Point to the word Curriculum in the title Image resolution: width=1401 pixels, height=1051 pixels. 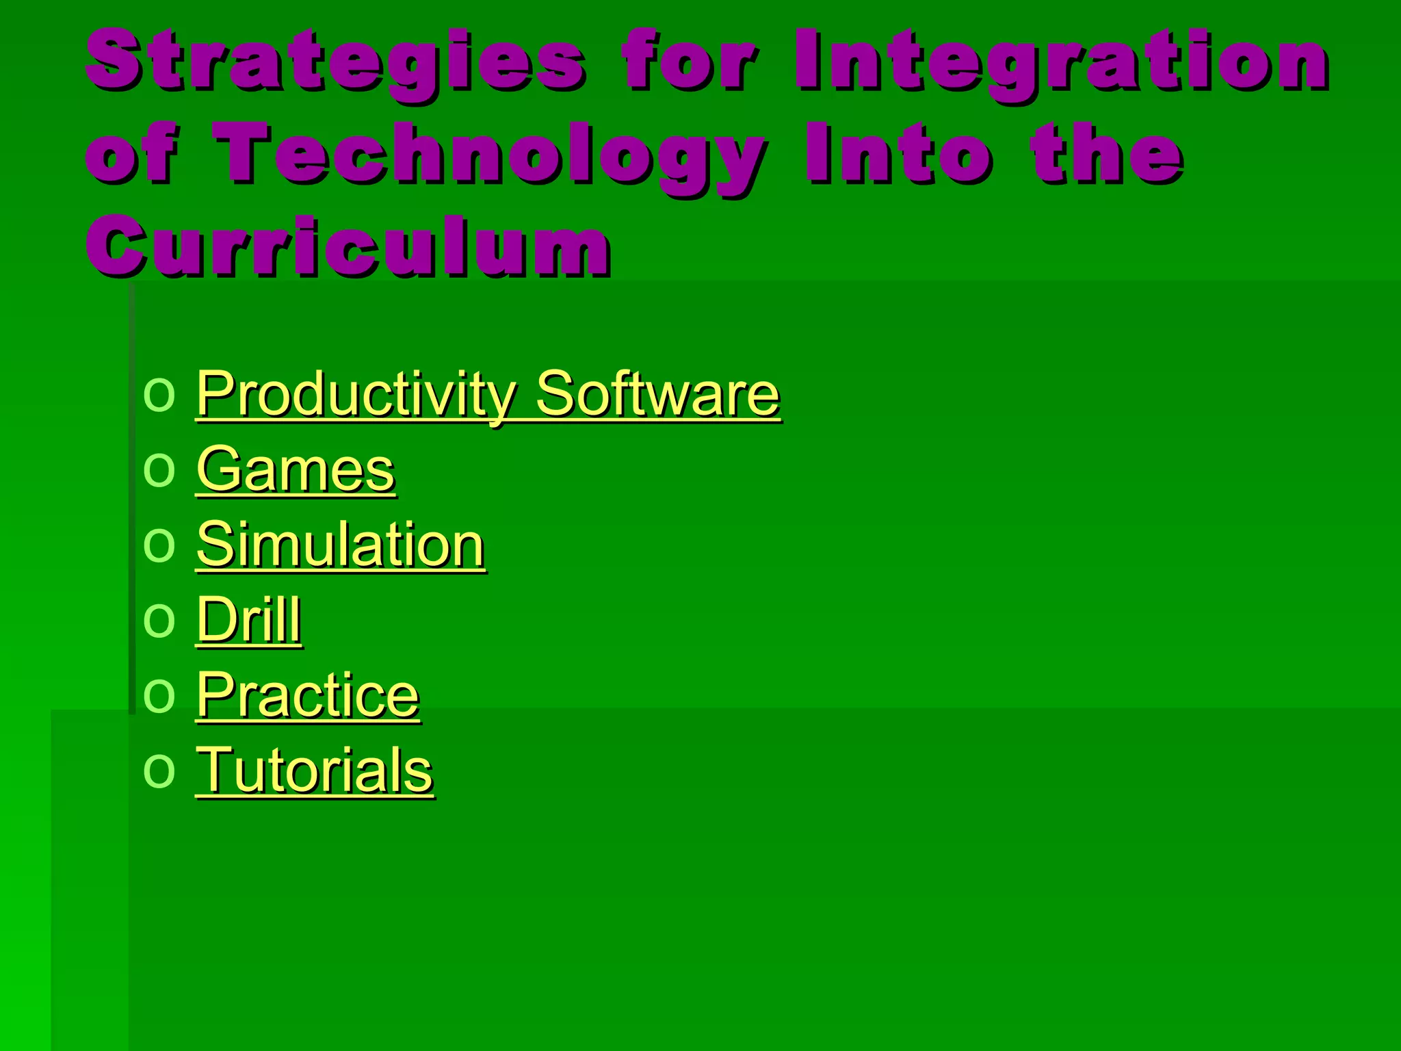(348, 246)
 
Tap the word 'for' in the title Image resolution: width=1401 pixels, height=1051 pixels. (690, 60)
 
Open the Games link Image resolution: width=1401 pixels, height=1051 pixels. (296, 469)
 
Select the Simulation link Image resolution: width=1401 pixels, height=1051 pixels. (341, 545)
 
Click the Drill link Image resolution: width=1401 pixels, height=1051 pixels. (249, 620)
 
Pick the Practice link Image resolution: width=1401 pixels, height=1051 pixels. (308, 695)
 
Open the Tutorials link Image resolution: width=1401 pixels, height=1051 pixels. (315, 770)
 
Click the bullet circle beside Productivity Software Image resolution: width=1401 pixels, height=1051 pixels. (159, 395)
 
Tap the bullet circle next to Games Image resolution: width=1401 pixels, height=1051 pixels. (159, 471)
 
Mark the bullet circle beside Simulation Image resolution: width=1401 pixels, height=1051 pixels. (159, 546)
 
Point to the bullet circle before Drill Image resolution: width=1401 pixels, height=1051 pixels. (159, 621)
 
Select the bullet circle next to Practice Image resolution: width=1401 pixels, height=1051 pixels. (159, 697)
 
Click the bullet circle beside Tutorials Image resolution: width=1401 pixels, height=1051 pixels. (159, 772)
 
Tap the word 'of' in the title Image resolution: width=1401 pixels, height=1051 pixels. (131, 155)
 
